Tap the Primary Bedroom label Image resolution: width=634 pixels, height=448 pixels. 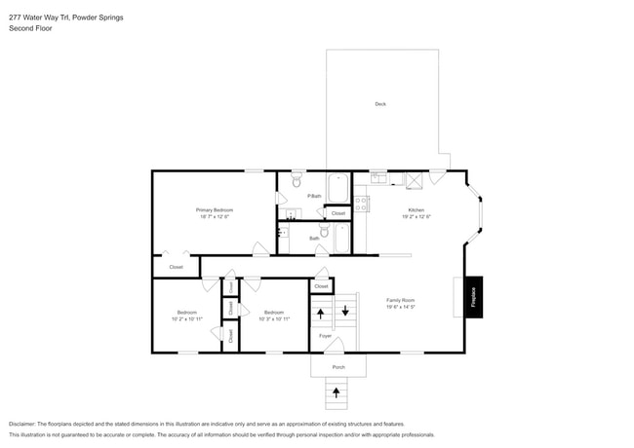point(214,210)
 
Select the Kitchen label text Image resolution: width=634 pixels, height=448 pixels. point(416,210)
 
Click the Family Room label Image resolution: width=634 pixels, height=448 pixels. point(400,301)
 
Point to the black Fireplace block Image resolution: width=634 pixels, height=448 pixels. point(474,296)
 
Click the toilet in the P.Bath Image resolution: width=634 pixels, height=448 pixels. point(297,180)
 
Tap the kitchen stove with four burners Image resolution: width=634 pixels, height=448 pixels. point(362,205)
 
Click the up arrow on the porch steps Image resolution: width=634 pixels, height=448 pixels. point(337,392)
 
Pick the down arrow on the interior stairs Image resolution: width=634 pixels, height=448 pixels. point(344,313)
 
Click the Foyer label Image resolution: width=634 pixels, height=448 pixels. point(325,336)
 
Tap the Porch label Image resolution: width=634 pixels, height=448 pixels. point(338,367)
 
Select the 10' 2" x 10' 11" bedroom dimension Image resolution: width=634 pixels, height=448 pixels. point(186,318)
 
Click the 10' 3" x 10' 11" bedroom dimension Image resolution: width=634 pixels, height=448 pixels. point(273,318)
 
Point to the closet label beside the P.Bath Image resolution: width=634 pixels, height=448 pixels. point(337,212)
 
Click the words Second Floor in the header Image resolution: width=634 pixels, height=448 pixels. point(30,28)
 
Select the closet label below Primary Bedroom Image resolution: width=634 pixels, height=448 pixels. point(176,266)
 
